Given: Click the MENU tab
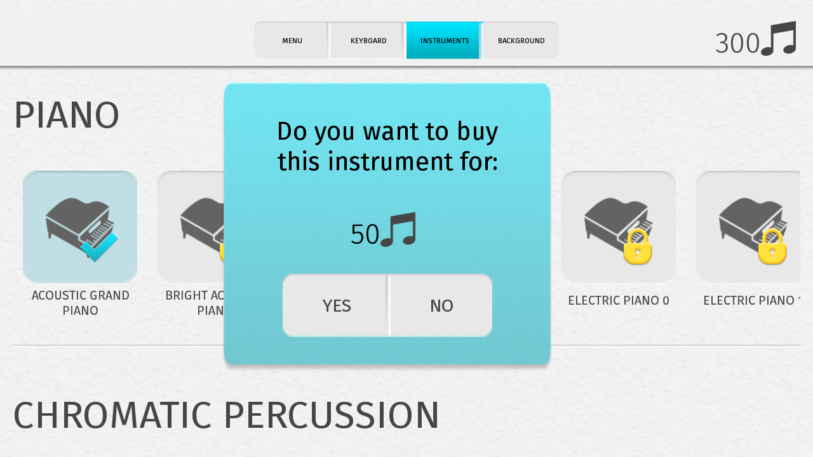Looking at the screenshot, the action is pos(292,41).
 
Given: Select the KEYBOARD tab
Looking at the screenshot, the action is pos(368,41).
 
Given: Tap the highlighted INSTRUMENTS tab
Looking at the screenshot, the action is pos(444,41).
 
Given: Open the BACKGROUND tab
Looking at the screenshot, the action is pos(521,41).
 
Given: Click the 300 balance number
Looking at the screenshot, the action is pos(737,44).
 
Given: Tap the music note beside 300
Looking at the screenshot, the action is pos(779,39).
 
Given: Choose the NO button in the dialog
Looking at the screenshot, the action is pos(441,306).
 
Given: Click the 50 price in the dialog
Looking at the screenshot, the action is pos(365,235).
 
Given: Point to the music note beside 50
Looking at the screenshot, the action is pos(398,230).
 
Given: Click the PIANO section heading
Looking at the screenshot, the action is pos(67,116).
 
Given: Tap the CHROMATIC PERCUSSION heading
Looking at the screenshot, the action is pos(226,415).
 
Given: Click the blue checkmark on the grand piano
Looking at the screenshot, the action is pos(99,247).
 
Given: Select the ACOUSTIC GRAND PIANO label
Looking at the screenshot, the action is pos(80,303).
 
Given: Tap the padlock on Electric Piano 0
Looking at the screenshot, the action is pos(637,247).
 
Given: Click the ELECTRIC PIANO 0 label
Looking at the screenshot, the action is pos(619,301).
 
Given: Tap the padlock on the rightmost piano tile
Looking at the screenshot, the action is pos(772,247).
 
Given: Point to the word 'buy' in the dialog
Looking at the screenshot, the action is pos(477,132).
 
